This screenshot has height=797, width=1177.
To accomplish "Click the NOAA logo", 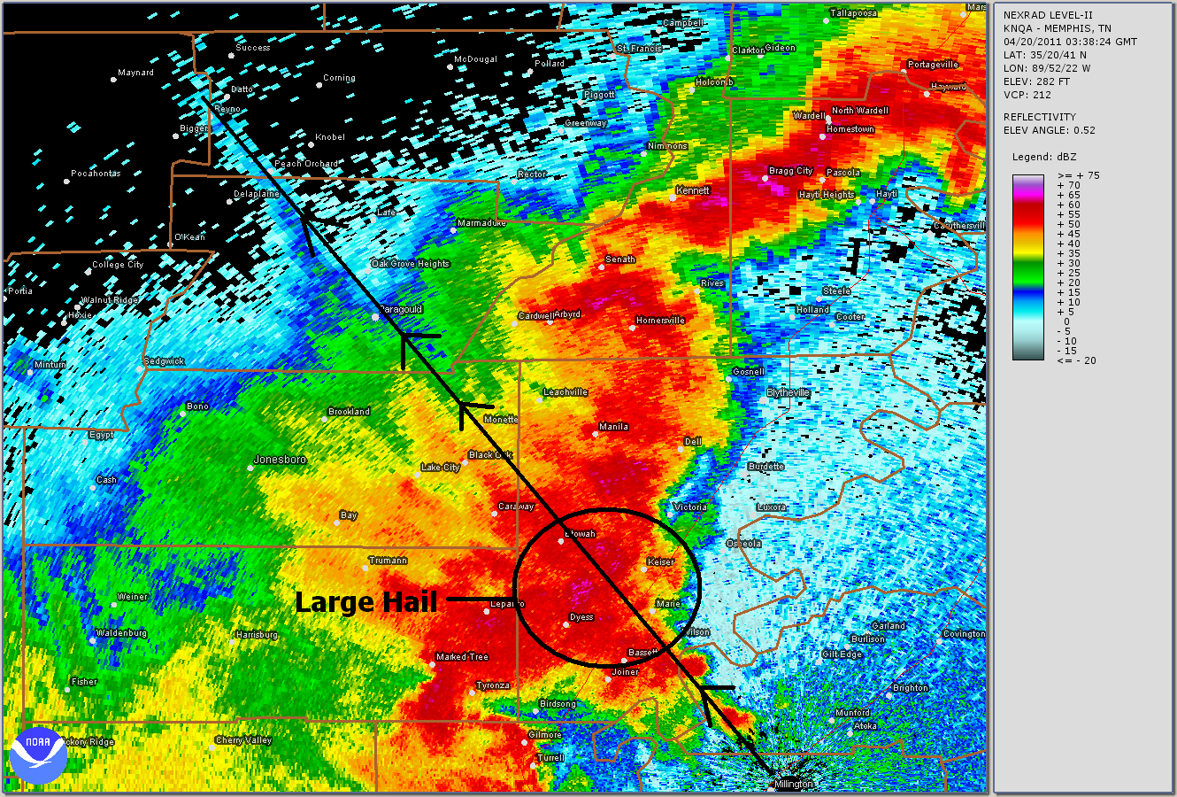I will coord(39,755).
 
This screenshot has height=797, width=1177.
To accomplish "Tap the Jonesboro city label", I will coord(280,460).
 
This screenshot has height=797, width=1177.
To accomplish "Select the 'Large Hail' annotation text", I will coord(365,602).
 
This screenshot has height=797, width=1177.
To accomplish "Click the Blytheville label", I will coord(788,392).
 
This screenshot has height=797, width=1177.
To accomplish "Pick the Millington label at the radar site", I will coord(793,784).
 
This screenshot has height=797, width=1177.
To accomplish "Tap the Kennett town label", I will coord(693,190).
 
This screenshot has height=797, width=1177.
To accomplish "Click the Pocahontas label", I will coord(96,174).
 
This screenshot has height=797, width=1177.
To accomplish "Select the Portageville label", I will coord(933,65).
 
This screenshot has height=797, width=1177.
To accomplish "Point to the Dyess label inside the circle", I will coord(581,617).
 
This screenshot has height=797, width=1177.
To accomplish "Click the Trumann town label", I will coord(388,560).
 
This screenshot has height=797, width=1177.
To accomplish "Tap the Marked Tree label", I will coord(462,657).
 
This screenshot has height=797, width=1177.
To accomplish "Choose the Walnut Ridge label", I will coord(111,300).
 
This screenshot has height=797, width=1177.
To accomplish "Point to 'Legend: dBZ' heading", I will coord(1044,157).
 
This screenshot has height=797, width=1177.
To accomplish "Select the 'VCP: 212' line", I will coord(1027,95).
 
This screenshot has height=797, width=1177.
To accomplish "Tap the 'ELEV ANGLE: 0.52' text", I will coord(1049,130).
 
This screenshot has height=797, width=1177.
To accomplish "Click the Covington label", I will coord(964,634).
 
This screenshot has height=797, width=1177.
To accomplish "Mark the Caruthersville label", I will coord(959,226).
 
